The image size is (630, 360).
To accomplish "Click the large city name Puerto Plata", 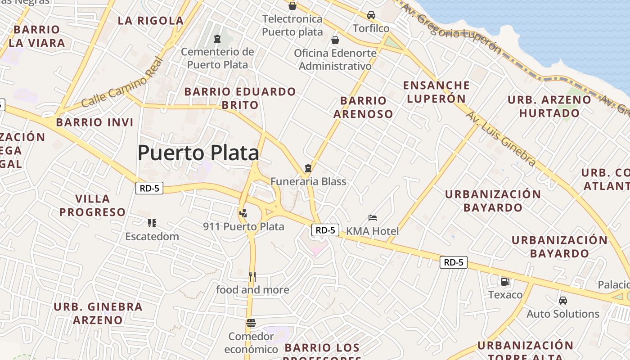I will pos(198,153).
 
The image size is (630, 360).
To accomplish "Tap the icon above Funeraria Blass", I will pos(308,168).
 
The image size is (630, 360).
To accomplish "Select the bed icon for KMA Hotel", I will pos(373,218).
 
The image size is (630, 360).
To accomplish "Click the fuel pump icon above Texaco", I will pos(505,282).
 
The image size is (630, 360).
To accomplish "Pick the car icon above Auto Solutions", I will pos(562,301).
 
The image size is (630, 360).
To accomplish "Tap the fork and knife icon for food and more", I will pos(252,276).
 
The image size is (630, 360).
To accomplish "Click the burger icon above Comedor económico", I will pos(251,323).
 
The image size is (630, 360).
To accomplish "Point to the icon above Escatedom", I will pos(152,223).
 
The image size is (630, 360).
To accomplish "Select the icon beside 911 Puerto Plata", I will pos(243,213).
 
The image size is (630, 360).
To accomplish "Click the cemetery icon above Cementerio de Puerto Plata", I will pos(217,39).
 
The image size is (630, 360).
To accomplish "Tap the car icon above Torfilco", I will pos(371,15).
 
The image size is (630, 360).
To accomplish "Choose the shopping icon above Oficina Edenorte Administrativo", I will pos(335,40).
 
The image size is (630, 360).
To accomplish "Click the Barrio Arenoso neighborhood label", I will pos(363,107).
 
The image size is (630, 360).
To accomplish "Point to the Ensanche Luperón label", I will pos(436,92).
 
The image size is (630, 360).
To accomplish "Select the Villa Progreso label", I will pos(93,205).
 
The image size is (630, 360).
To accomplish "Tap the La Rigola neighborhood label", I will pos(151,21).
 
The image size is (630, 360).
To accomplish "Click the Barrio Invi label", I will pos(95,122).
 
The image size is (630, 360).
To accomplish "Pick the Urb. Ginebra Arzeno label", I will pos(98,313).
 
